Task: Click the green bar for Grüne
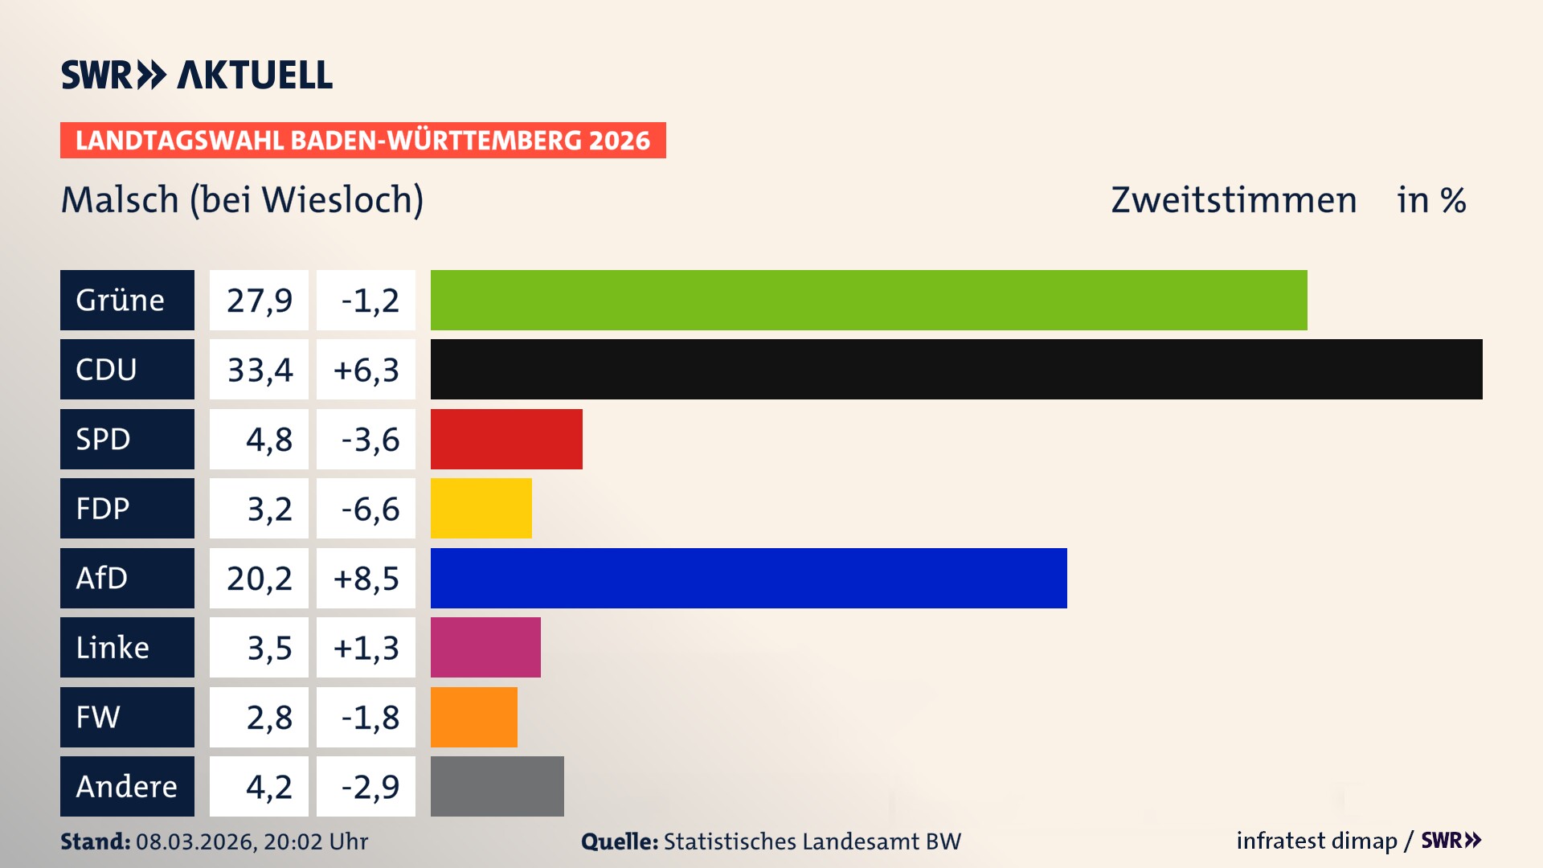868,300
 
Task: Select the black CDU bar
956,370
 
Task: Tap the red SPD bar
506,439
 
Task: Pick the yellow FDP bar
481,508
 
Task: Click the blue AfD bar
748,578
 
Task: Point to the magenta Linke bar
485,647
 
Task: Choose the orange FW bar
473,717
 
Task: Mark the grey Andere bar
497,786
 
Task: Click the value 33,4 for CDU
259,370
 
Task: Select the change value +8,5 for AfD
366,578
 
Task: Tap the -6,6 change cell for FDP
366,508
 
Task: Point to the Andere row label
127,786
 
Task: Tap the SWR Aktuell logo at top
196,75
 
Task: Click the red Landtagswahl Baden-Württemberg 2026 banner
362,140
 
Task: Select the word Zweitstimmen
1234,200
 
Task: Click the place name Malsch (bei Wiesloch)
242,200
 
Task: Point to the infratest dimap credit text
1316,841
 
